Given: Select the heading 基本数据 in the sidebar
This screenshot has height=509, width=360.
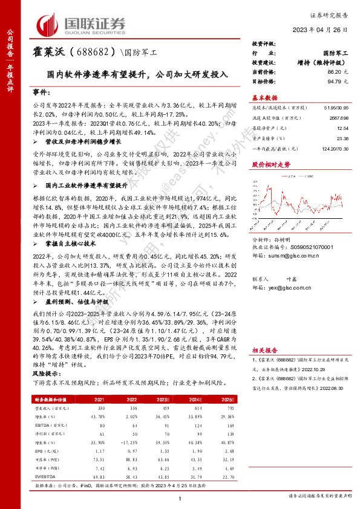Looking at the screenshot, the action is [x=264, y=98].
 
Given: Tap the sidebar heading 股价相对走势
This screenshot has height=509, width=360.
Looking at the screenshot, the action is [x=267, y=164].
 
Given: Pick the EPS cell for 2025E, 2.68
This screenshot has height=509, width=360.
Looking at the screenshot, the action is [x=229, y=450].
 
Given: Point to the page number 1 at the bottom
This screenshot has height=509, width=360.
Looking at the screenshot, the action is [x=180, y=498].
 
